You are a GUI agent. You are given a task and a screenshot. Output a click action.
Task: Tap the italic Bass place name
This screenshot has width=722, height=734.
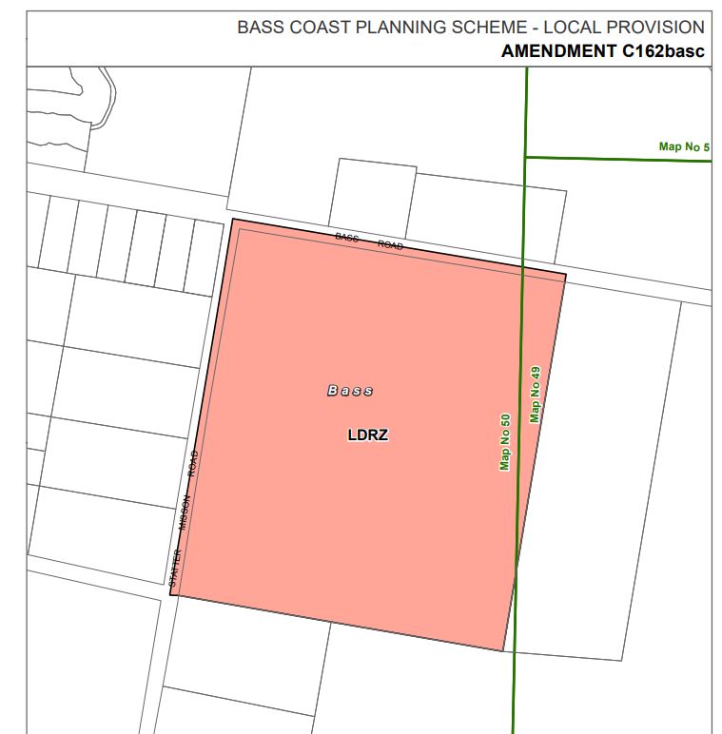tap(350, 391)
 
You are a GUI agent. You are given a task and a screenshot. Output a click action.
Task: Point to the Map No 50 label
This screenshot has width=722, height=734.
tap(505, 441)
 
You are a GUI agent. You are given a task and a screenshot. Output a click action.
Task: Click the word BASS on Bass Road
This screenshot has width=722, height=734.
tap(346, 237)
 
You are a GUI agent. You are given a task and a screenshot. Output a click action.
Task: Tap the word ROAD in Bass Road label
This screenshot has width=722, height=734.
tap(390, 244)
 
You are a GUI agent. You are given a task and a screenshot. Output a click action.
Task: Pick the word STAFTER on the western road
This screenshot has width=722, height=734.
tap(175, 566)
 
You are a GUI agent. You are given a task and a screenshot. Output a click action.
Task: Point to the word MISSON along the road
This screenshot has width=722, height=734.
tap(185, 513)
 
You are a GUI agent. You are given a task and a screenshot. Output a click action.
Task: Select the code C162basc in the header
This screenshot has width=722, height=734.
tap(663, 51)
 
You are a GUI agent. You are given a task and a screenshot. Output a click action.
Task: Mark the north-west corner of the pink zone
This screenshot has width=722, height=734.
tap(233, 220)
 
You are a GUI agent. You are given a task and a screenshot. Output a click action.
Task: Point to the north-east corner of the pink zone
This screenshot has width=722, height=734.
tap(566, 275)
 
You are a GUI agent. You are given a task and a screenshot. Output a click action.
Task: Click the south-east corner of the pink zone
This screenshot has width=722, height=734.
tap(502, 651)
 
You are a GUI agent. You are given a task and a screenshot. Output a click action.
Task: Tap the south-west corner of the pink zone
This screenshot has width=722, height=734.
tap(170, 595)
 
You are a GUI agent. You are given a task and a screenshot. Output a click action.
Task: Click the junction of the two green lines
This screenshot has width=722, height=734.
tap(525, 157)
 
